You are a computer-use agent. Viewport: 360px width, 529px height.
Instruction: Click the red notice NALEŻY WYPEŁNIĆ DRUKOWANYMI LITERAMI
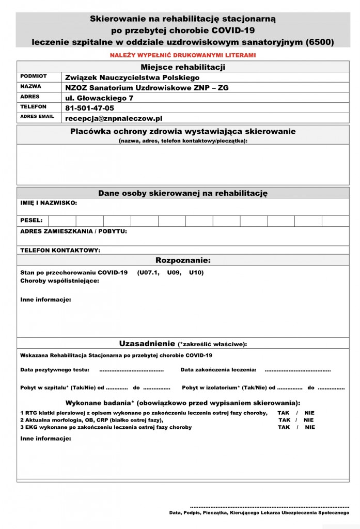[x=183, y=55]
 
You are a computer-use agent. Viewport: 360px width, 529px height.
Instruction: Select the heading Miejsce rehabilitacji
[x=183, y=67]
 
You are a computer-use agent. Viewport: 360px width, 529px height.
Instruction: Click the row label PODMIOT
[x=33, y=76]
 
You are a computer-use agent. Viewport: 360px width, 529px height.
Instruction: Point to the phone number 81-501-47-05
[x=90, y=108]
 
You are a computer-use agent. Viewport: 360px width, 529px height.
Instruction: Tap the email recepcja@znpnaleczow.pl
[x=114, y=118]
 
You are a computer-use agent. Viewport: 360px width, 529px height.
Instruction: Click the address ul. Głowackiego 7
[x=100, y=98]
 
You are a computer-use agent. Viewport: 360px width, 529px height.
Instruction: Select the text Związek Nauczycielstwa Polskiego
[x=132, y=77]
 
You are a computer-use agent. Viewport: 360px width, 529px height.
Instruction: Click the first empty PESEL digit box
[x=62, y=221]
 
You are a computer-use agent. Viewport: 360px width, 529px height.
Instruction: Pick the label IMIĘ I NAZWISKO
[x=49, y=203]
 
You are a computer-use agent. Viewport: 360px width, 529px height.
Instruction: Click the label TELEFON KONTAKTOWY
[x=60, y=251]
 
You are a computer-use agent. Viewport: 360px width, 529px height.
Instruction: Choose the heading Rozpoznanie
[x=183, y=260]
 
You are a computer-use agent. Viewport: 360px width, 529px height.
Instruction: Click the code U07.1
[x=148, y=273]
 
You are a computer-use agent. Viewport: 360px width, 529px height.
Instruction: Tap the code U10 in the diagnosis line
[x=196, y=273]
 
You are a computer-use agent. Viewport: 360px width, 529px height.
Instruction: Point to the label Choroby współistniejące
[x=60, y=281]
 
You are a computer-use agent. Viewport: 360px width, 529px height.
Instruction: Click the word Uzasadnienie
[x=147, y=344]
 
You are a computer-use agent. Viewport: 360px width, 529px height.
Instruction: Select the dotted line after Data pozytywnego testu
[x=131, y=370]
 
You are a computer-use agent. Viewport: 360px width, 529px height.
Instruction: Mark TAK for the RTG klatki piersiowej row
[x=284, y=413]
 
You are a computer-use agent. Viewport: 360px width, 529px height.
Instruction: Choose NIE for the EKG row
[x=310, y=427]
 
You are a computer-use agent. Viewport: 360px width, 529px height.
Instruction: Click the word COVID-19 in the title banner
[x=229, y=30]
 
